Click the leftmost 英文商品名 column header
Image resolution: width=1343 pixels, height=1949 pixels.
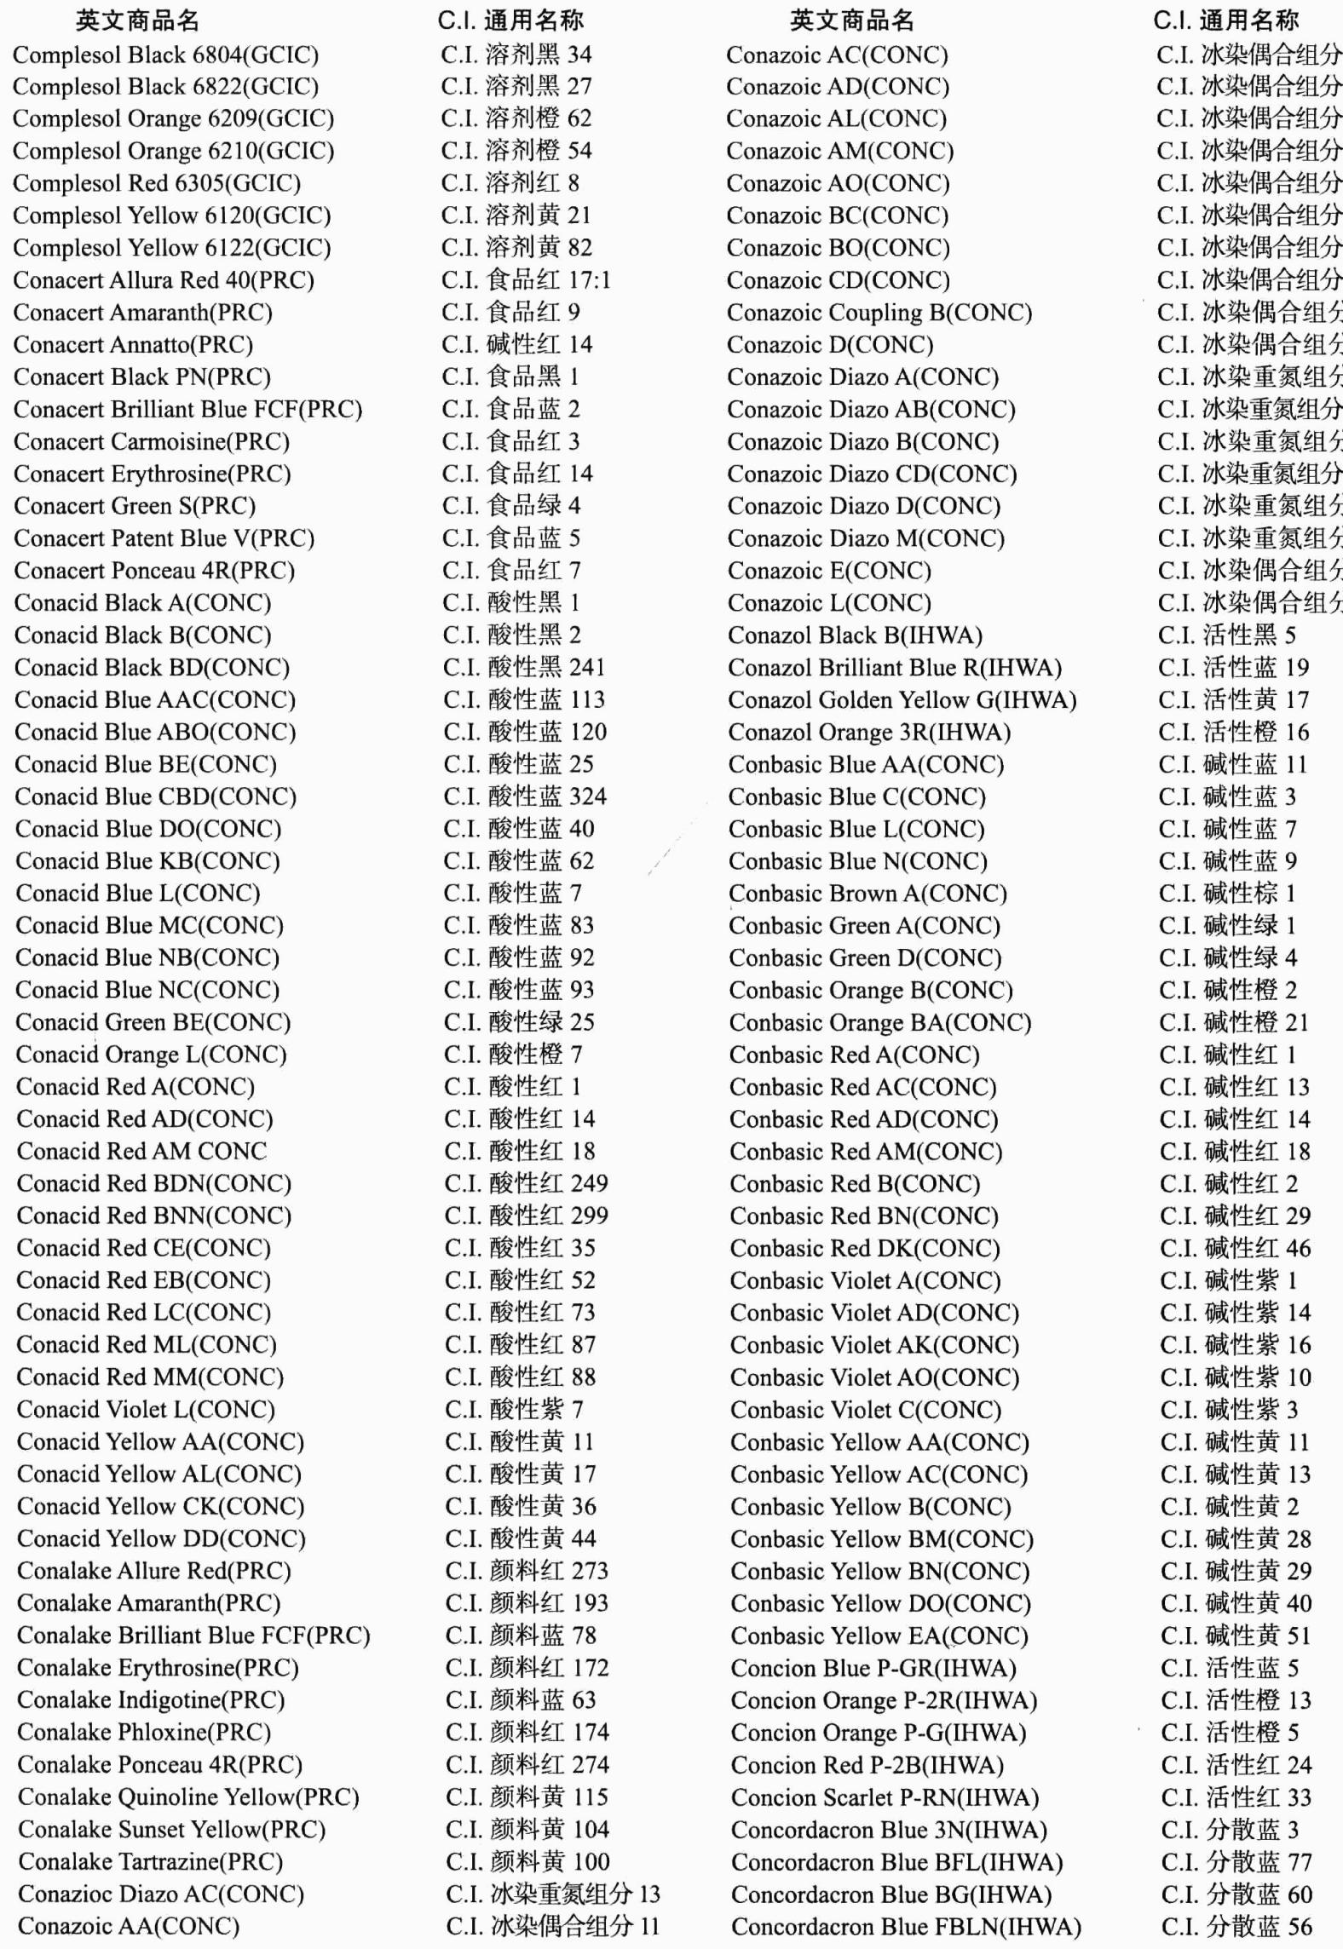point(137,20)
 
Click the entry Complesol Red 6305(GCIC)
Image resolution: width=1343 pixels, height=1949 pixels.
point(157,183)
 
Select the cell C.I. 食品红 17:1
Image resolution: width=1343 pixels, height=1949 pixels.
point(526,280)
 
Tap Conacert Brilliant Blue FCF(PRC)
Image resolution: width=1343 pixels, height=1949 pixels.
point(188,410)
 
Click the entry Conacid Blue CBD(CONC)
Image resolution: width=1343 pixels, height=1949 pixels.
point(156,796)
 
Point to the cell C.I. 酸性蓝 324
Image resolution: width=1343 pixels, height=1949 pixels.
point(525,796)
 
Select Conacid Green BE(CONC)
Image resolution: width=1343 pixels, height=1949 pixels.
point(153,1022)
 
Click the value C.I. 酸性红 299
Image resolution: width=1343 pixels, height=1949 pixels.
point(526,1216)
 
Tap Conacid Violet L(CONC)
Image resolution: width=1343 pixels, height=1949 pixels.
point(146,1410)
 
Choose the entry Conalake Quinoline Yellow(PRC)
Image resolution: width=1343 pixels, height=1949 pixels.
point(188,1797)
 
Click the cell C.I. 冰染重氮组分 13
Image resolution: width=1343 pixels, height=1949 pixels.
point(552,1894)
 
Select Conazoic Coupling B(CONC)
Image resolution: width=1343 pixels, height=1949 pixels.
point(879,313)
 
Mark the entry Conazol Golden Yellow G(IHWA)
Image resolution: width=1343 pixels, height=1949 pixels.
point(902,700)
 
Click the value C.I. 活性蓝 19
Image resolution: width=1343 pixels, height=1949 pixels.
point(1233,668)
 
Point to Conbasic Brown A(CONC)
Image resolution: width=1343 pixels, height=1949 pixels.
point(867,894)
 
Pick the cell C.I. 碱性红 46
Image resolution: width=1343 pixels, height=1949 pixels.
point(1235,1249)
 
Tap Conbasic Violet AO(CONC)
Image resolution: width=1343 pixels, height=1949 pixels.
point(874,1377)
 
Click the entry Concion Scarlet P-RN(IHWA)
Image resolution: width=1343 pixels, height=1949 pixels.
point(885,1797)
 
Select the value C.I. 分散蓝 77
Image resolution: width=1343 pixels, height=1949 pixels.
point(1236,1862)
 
